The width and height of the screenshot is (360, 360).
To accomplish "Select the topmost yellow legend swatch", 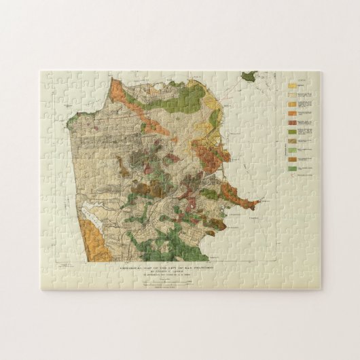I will click(x=292, y=86).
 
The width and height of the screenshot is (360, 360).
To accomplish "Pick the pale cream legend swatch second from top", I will click(x=292, y=95).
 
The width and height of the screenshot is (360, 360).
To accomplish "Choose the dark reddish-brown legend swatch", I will click(x=292, y=122).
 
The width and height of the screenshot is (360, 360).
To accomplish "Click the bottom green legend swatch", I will click(x=292, y=168).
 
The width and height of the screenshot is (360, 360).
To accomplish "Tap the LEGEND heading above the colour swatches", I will click(x=296, y=78).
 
